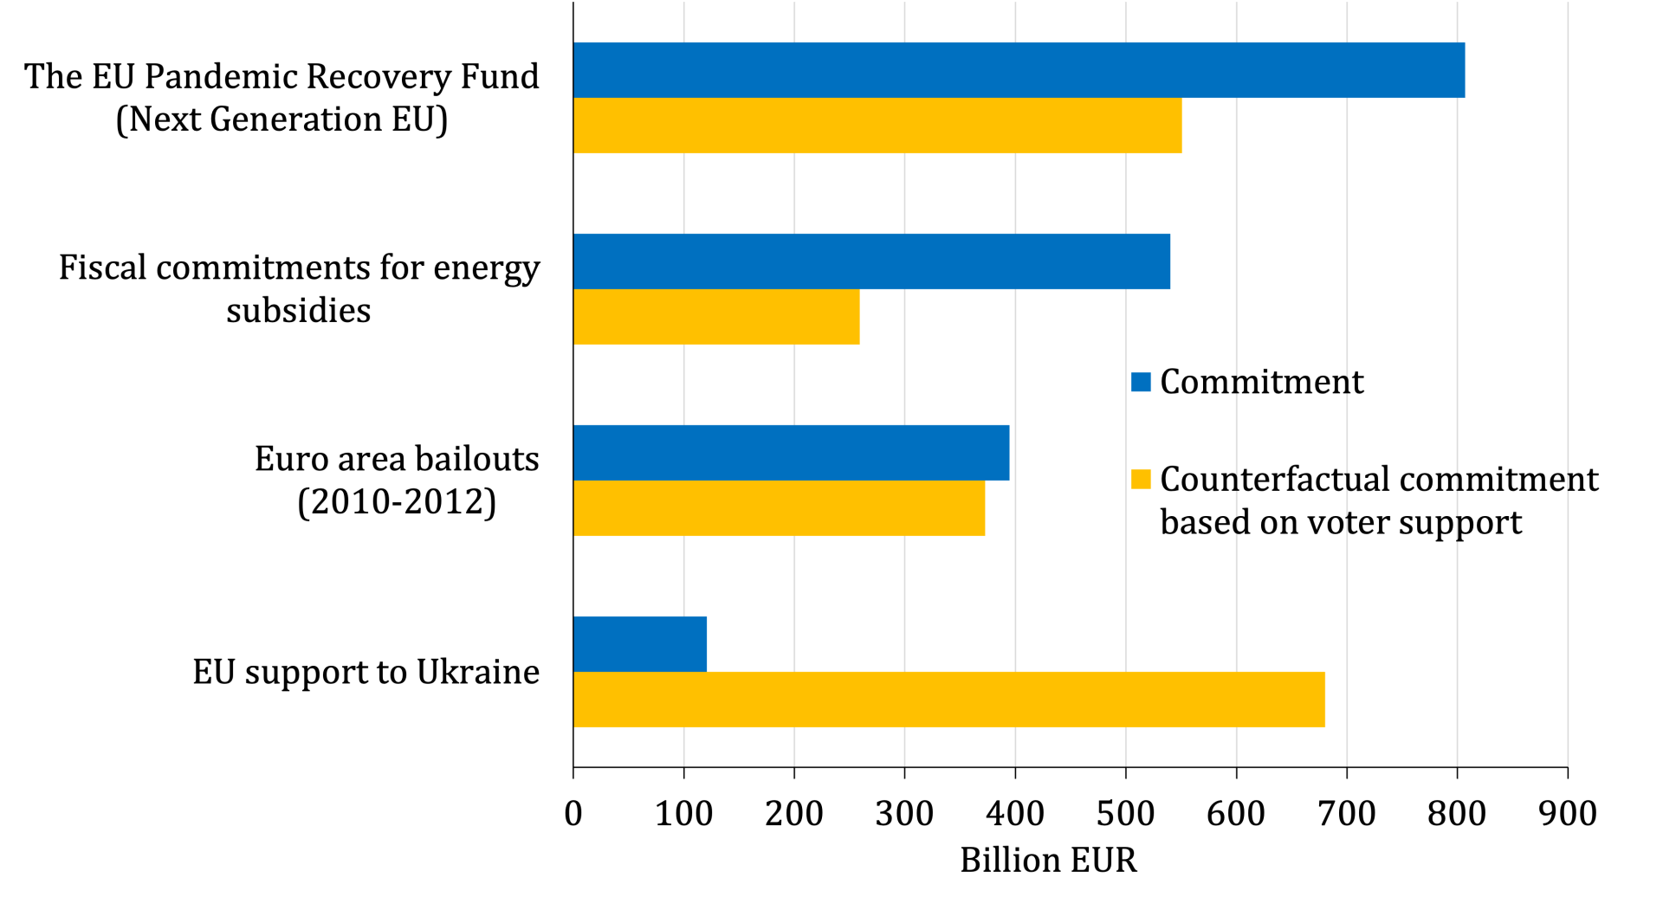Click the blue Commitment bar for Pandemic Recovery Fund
pyautogui.click(x=1019, y=70)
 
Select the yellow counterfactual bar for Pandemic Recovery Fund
pyautogui.click(x=877, y=126)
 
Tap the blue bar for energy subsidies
pyautogui.click(x=871, y=261)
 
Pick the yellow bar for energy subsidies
pyautogui.click(x=716, y=317)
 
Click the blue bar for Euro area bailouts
pyautogui.click(x=791, y=453)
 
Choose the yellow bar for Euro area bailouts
pyautogui.click(x=779, y=508)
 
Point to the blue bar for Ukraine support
pyautogui.click(x=640, y=644)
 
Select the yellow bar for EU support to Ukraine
pyautogui.click(x=948, y=700)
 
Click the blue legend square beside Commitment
pyautogui.click(x=1141, y=382)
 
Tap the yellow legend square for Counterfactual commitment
pyautogui.click(x=1141, y=479)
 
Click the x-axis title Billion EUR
pyautogui.click(x=1048, y=860)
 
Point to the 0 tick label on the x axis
pyautogui.click(x=573, y=814)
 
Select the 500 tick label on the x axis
pyautogui.click(x=1125, y=814)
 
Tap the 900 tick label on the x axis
pyautogui.click(x=1568, y=814)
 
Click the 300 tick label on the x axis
pyautogui.click(x=904, y=814)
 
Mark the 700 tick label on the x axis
pyautogui.click(x=1347, y=814)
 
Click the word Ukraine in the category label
pyautogui.click(x=477, y=672)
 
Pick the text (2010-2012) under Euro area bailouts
pyautogui.click(x=397, y=501)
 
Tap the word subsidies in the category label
pyautogui.click(x=299, y=310)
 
